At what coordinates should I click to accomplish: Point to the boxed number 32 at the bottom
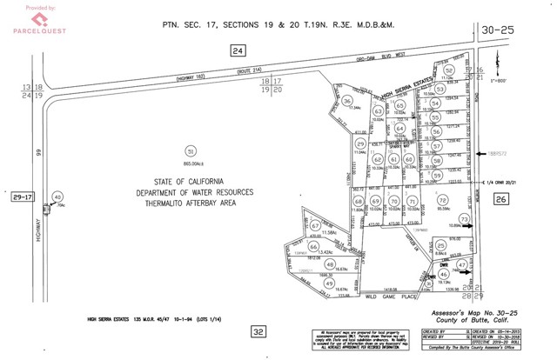[x=258, y=331]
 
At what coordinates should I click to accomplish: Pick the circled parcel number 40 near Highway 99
[x=58, y=198]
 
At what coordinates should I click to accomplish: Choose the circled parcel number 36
[x=346, y=101]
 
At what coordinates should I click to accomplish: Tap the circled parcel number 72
[x=442, y=201]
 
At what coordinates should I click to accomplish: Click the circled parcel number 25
[x=442, y=246]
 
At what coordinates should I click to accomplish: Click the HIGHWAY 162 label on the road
[x=195, y=78]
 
